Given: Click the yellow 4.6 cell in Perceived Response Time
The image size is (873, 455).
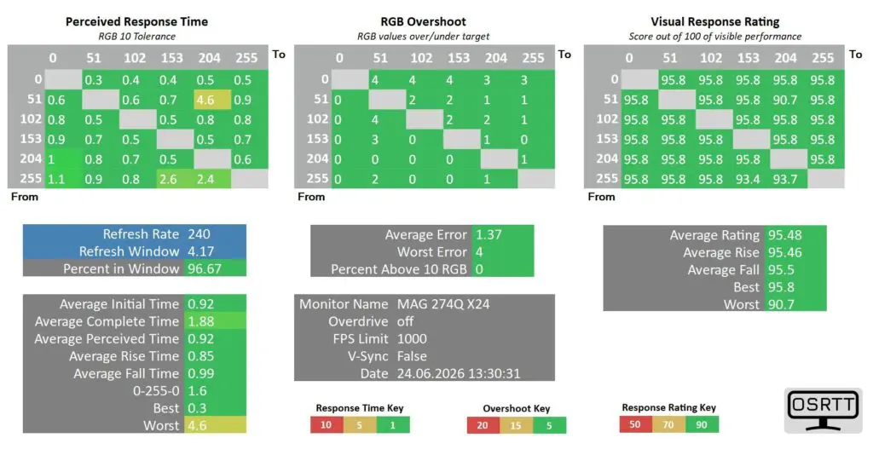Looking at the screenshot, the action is pos(212,101).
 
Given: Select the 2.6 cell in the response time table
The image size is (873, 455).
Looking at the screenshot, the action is pos(175,179).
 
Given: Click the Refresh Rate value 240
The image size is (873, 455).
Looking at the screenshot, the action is pos(199,234).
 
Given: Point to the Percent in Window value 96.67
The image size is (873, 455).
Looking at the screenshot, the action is pos(205,268).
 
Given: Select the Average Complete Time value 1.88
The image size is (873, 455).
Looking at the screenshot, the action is pos(200,321).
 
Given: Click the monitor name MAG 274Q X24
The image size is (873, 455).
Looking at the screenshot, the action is pos(443,304).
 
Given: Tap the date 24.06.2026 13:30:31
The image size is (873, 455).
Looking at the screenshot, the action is pos(459,374).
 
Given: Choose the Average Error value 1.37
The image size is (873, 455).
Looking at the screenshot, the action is pos(489,234).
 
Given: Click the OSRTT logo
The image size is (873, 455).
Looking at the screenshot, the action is pos(823,411).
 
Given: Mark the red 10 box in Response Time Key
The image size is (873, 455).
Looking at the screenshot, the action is pos(327,425).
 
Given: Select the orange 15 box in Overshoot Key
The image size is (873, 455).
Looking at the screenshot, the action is pos(516,425).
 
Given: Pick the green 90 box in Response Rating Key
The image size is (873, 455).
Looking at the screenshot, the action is pos(702,424).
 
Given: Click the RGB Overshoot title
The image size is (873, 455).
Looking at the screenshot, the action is pos(423,21).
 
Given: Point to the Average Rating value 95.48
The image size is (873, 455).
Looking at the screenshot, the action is pos(785,235).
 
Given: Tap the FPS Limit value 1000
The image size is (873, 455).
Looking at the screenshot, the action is pos(412,339).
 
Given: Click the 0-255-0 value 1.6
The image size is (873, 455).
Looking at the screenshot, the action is pos(197,391).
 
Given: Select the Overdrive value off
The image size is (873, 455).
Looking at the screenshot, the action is pos(405,321).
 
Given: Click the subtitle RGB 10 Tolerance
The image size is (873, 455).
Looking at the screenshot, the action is pos(137,36).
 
